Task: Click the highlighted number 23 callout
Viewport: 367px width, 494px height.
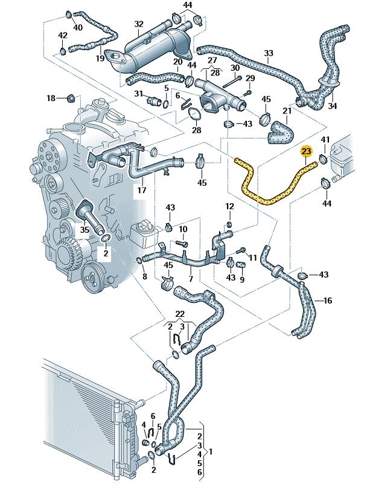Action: coord(307,151)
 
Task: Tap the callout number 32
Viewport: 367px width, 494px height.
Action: coord(139,24)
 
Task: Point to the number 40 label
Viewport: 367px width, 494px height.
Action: coord(78,27)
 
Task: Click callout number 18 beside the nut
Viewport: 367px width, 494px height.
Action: coord(51,98)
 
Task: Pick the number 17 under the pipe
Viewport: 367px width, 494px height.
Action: coord(142,190)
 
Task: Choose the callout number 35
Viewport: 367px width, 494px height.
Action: coord(85,229)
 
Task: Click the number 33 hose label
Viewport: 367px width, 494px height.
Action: coord(269,53)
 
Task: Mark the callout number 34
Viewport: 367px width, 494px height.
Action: coord(332,106)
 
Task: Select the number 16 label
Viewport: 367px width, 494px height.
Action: coord(328,301)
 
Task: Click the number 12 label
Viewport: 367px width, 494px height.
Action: coord(229,207)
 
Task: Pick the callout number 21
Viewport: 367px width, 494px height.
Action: coord(287,110)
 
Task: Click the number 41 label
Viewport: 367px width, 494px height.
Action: coord(325,140)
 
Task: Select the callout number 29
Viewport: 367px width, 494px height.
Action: coord(251,79)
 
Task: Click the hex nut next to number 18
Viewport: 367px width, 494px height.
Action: coord(69,97)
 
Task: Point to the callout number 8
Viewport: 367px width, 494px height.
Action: coord(144,276)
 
